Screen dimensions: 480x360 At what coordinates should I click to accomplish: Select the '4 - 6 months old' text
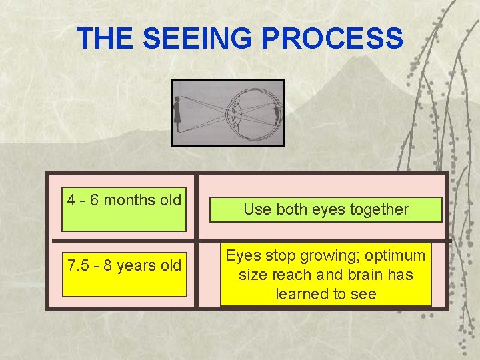click(x=124, y=199)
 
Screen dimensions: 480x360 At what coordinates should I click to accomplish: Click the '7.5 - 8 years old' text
click(x=124, y=265)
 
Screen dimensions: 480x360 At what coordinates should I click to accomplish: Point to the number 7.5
click(x=79, y=265)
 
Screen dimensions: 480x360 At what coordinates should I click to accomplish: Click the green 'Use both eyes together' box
click(x=326, y=209)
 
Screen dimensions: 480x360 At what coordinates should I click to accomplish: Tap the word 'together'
click(x=383, y=209)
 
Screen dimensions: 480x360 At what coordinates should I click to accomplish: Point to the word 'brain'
click(x=360, y=275)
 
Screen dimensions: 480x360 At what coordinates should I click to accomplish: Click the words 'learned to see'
click(x=326, y=294)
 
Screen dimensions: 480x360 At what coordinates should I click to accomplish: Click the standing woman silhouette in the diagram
click(x=178, y=113)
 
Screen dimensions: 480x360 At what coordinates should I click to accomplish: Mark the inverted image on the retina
click(x=275, y=115)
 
